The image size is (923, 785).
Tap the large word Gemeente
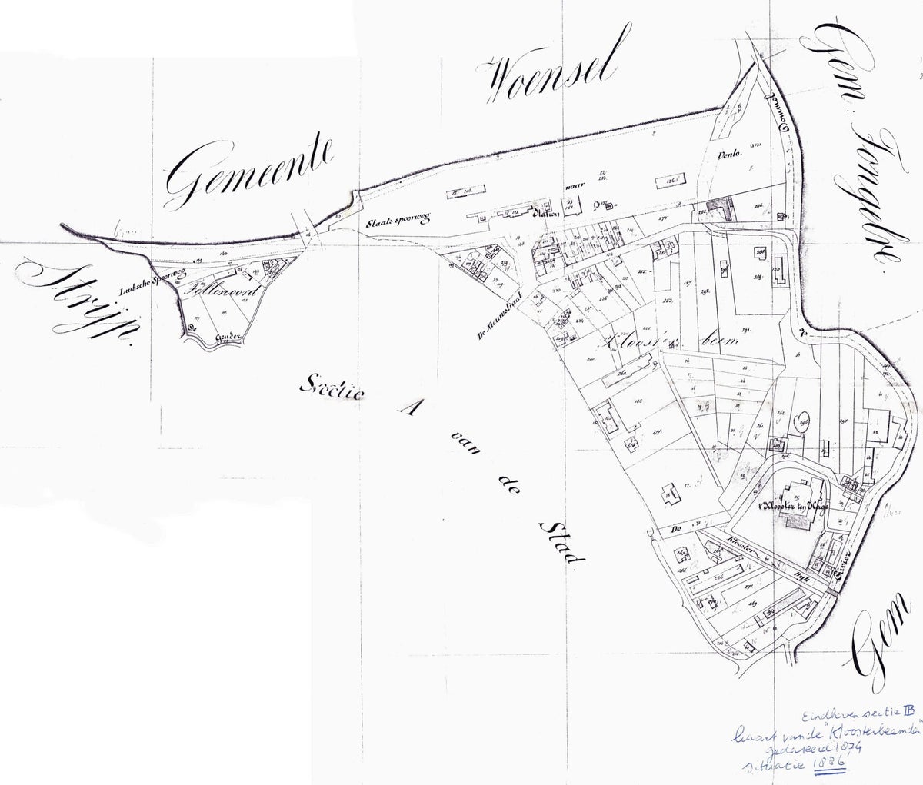click(x=250, y=168)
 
